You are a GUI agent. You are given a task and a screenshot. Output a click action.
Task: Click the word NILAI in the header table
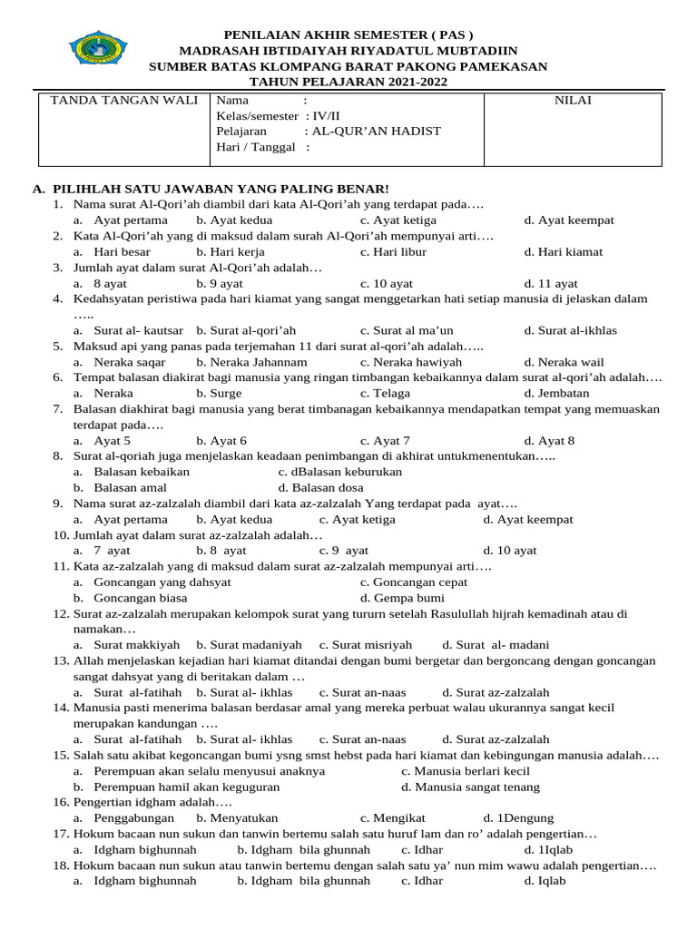(x=573, y=100)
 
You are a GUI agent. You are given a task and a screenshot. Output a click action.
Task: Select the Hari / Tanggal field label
(x=257, y=147)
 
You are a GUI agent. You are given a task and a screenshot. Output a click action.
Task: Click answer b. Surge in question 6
(x=219, y=393)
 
